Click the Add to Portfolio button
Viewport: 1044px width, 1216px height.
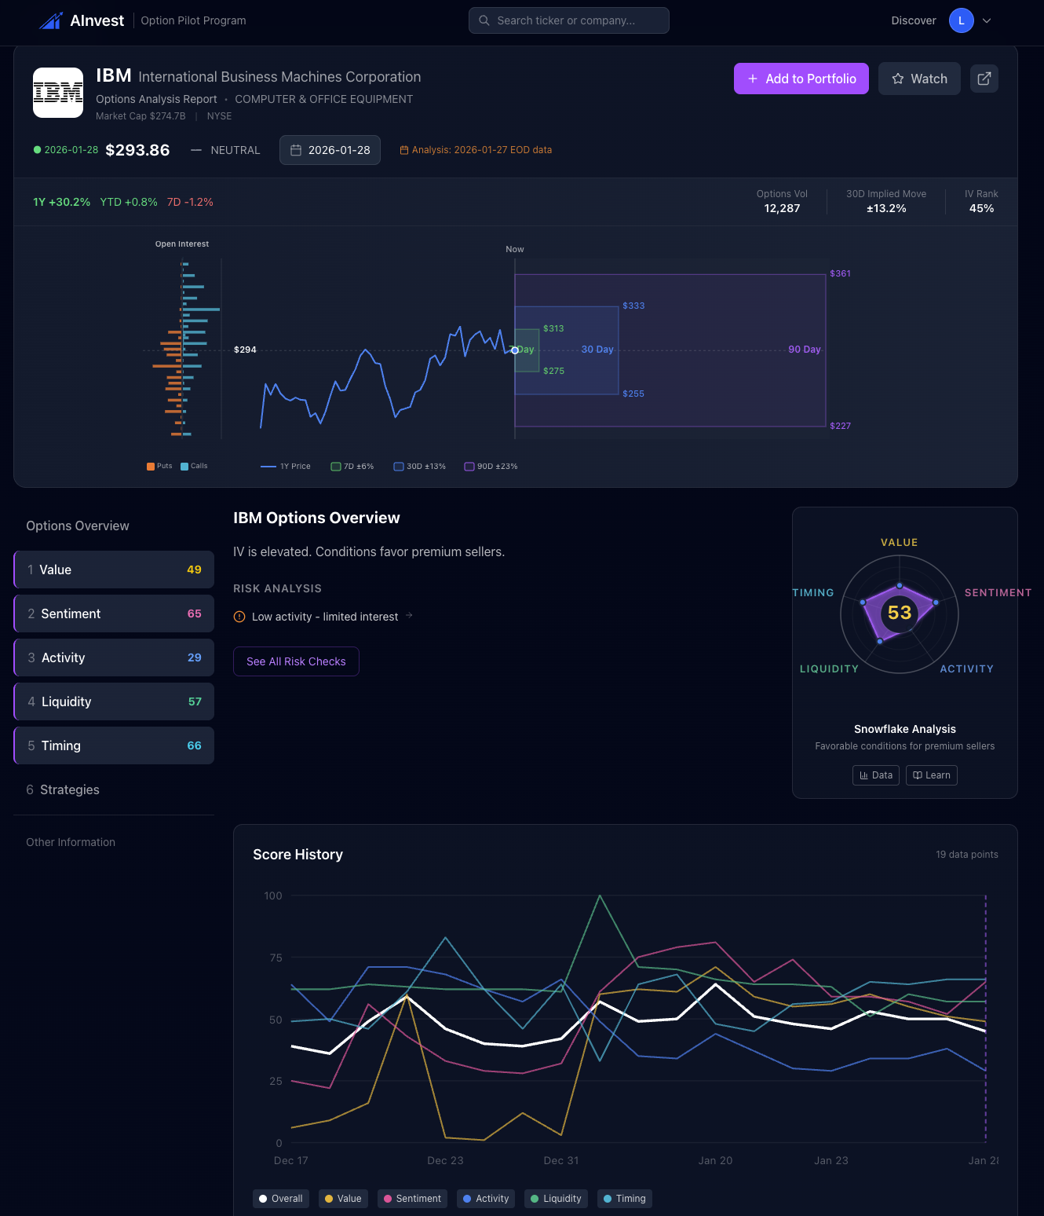point(801,79)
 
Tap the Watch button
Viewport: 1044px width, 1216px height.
point(919,79)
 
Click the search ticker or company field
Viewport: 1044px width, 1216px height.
point(568,20)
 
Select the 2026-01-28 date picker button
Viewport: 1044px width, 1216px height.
point(330,150)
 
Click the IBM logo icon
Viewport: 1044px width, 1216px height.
point(58,93)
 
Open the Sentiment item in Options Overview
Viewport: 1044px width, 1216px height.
point(114,613)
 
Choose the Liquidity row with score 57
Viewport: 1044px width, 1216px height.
point(114,701)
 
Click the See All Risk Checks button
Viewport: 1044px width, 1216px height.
point(296,661)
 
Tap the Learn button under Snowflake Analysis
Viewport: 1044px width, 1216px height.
point(931,775)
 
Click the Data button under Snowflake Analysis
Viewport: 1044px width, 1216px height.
point(876,775)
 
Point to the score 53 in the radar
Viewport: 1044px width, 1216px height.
point(900,613)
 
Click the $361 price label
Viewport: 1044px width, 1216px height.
point(840,273)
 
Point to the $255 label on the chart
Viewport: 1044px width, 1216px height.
point(633,394)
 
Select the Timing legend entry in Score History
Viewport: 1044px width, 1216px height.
point(625,1199)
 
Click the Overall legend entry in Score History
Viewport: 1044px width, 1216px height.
point(281,1199)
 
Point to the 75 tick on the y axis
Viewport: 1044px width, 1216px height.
point(276,958)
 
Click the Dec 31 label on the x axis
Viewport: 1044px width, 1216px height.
point(561,1160)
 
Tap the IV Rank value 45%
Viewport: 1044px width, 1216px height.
point(981,208)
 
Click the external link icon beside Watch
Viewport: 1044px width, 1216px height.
point(984,79)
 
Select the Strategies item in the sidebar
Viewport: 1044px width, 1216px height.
point(70,789)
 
